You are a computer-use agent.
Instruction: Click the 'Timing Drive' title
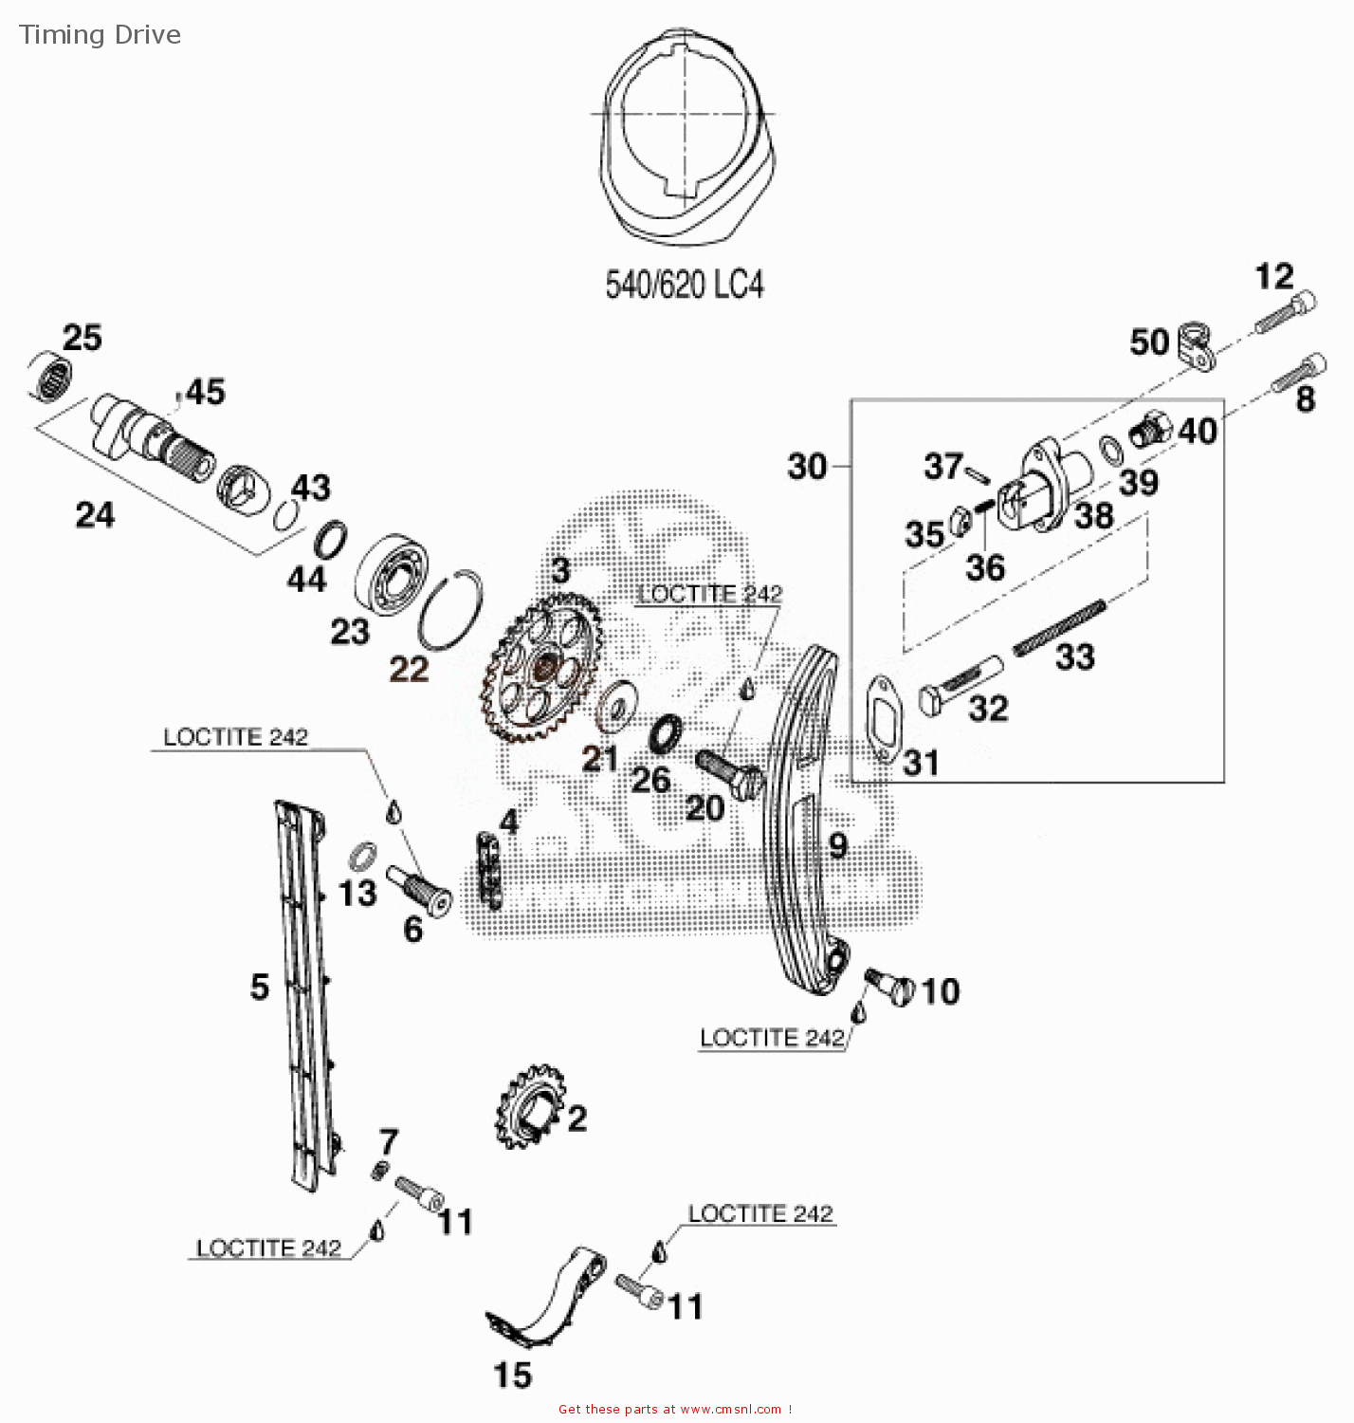(100, 35)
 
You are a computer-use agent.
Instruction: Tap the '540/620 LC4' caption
(684, 284)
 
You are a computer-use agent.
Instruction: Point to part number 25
(82, 338)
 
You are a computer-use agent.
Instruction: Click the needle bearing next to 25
(49, 377)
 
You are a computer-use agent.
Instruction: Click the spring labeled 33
(1058, 627)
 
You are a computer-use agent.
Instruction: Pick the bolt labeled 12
(1286, 313)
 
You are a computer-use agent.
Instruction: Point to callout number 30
(807, 467)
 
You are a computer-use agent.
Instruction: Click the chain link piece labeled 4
(488, 869)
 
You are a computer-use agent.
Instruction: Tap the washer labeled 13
(361, 856)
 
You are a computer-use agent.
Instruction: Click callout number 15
(512, 1375)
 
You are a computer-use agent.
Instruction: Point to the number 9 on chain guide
(837, 844)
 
